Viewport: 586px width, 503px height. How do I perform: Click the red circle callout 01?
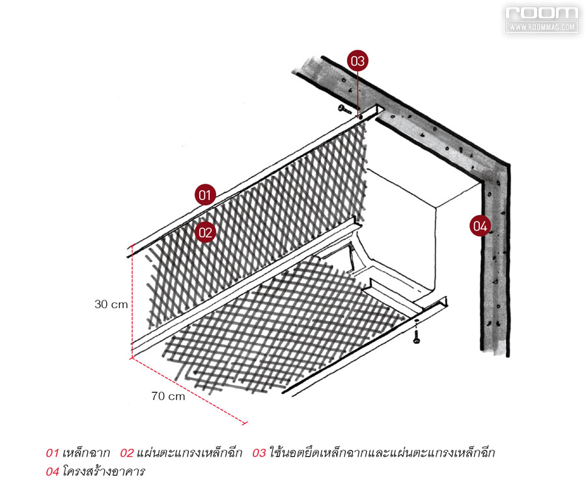(x=205, y=194)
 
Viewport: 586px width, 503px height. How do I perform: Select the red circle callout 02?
(x=205, y=232)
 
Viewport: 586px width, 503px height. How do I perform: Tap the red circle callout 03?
(x=357, y=61)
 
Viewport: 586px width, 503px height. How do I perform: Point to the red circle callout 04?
(x=481, y=225)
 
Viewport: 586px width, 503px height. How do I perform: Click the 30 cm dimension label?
(x=111, y=304)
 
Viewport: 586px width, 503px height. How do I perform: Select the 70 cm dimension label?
(x=168, y=396)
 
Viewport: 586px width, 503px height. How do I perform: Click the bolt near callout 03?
(x=344, y=109)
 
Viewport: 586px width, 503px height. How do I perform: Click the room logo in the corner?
(x=542, y=13)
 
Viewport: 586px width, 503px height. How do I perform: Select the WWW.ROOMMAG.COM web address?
(x=542, y=27)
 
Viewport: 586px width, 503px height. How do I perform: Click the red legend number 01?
(x=52, y=453)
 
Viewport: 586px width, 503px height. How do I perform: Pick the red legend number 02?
(x=127, y=453)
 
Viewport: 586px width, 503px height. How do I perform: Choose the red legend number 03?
(x=259, y=453)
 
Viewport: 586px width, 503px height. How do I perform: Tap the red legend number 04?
(x=52, y=472)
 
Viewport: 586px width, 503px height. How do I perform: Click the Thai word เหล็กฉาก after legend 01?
(x=86, y=453)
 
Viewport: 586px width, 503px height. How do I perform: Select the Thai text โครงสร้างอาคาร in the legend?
(x=104, y=471)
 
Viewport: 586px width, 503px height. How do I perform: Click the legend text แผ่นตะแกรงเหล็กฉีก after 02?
(x=189, y=453)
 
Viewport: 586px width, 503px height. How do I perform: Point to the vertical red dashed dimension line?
(x=132, y=300)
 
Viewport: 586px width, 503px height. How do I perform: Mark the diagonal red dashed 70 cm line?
(x=189, y=391)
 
